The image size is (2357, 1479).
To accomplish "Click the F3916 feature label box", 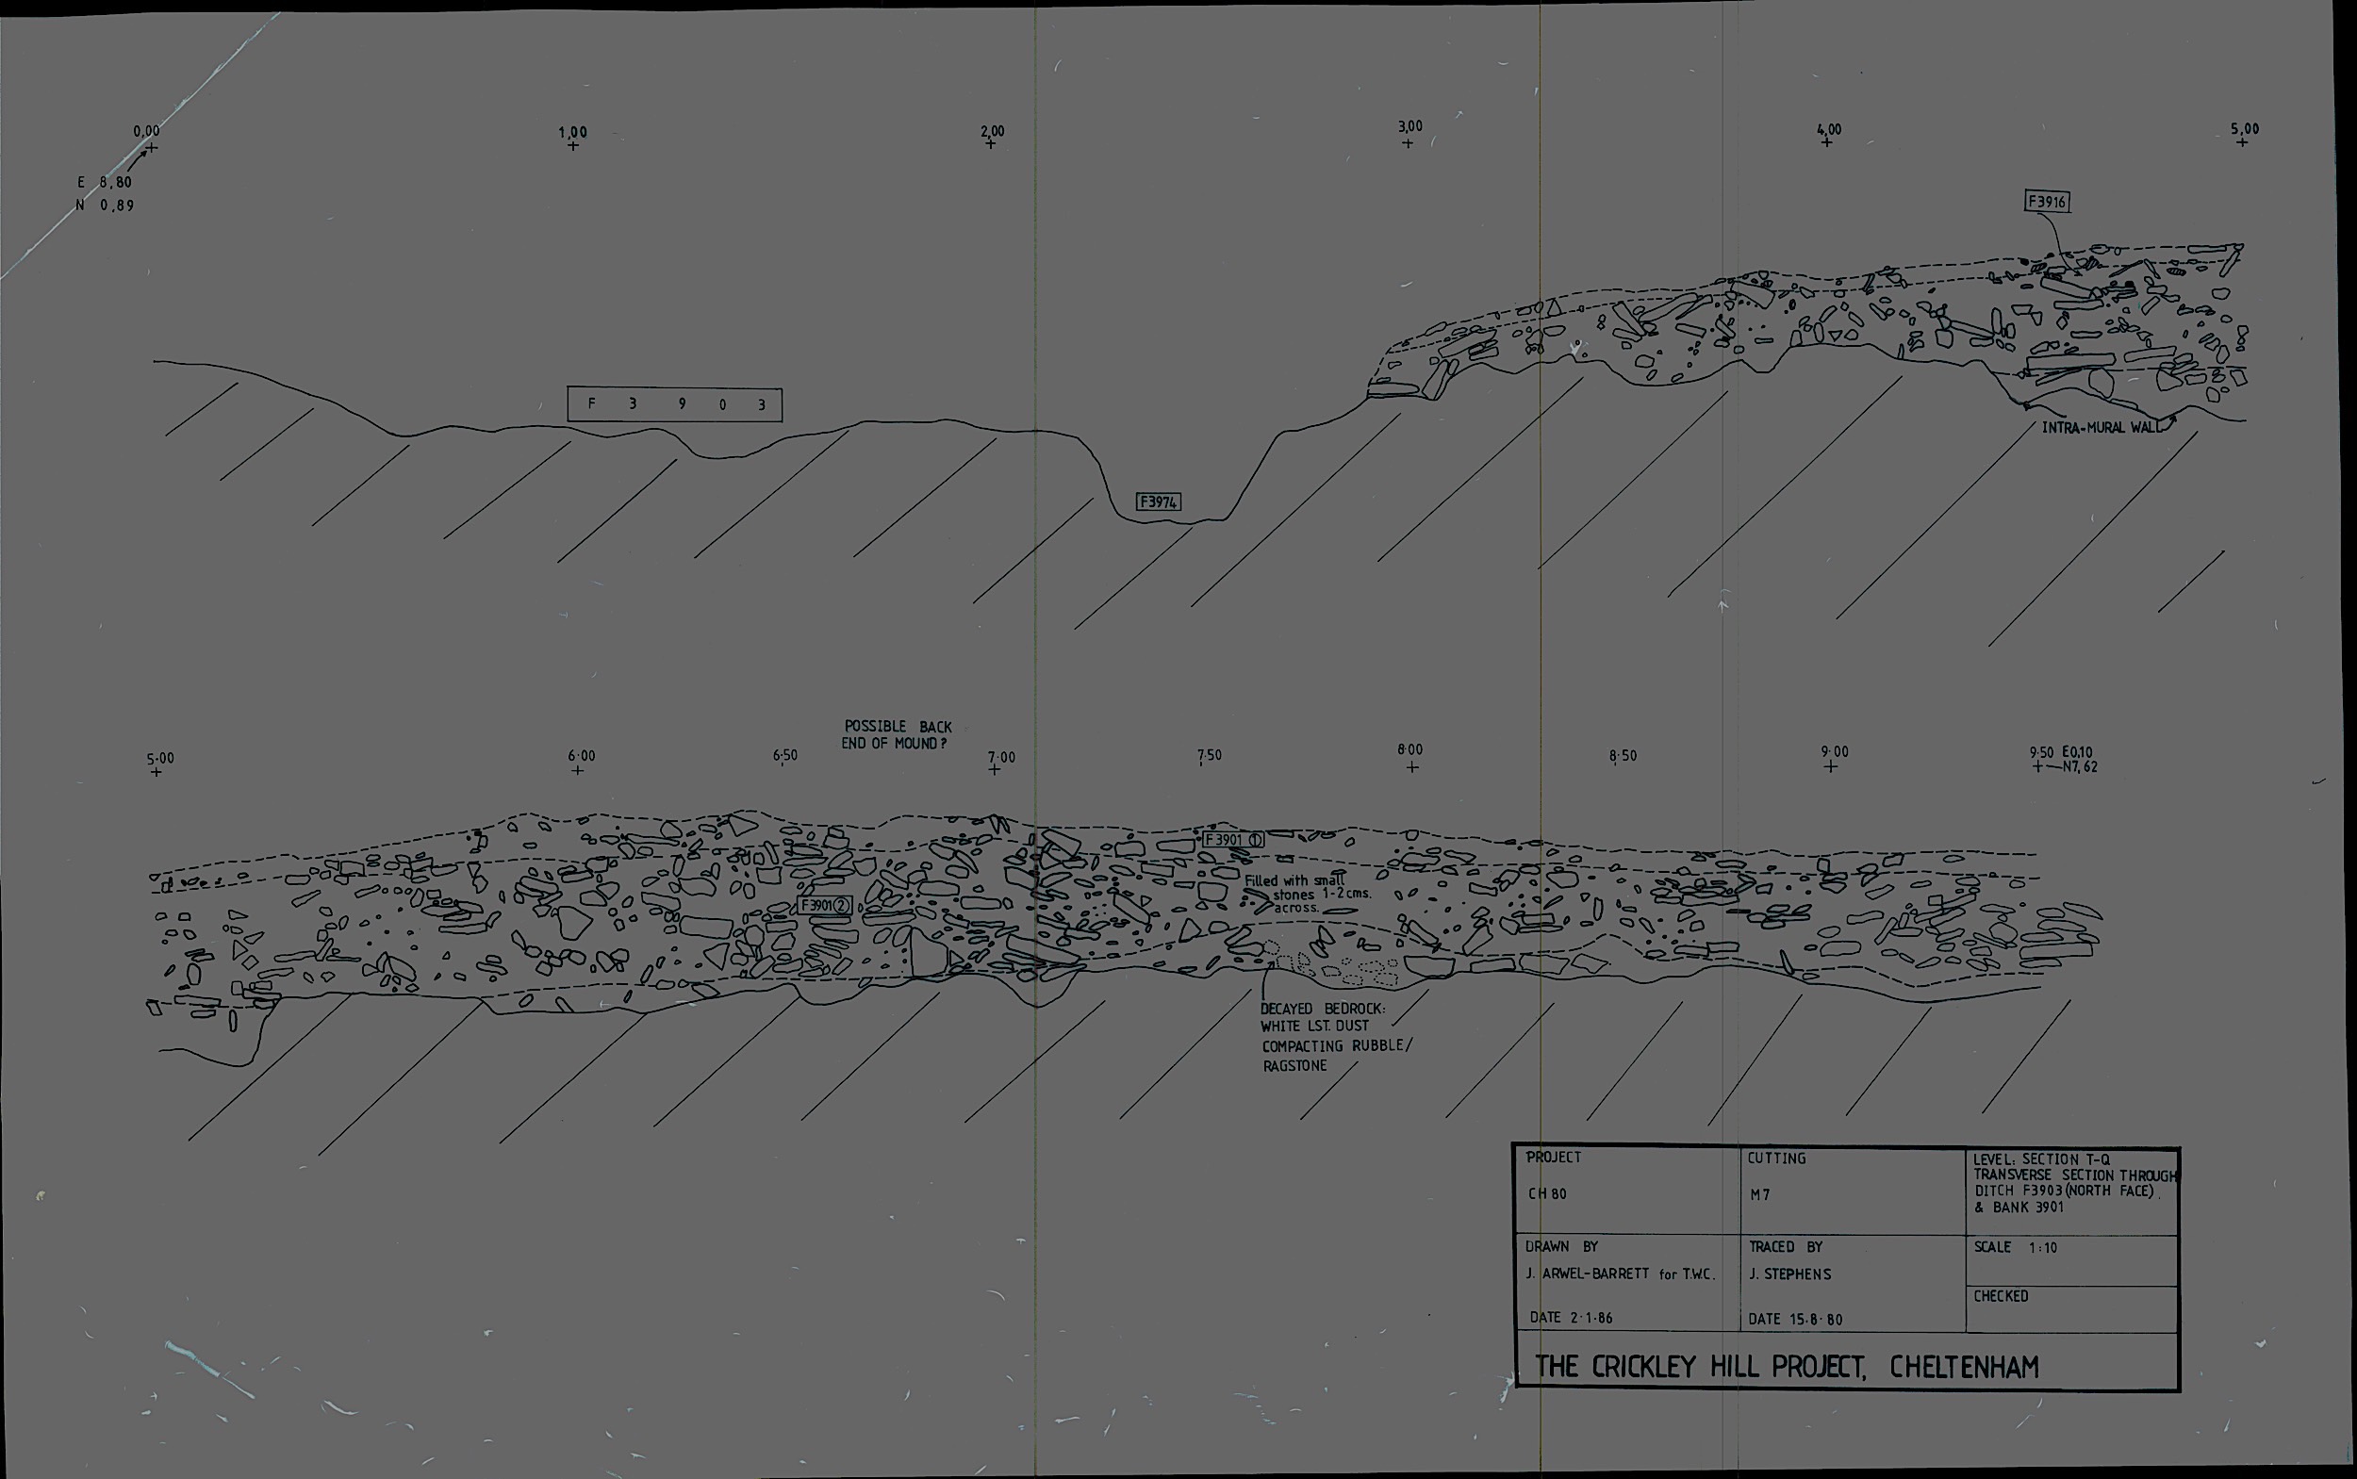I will point(2047,203).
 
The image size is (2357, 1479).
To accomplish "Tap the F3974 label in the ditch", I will point(1159,501).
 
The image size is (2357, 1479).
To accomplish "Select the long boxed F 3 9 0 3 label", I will point(674,404).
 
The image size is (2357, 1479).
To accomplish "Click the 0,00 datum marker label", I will point(147,131).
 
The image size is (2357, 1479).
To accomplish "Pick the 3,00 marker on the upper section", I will point(1409,127).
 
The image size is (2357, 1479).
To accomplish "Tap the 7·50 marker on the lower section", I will point(1210,755).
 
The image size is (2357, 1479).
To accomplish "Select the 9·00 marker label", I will point(1835,751).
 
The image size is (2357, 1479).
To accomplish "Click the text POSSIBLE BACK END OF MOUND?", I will point(898,734).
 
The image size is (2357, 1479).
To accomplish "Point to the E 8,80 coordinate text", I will point(105,182).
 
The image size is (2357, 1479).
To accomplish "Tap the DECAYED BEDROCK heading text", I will point(1323,1009).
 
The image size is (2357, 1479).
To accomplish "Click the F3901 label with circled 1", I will point(1233,839).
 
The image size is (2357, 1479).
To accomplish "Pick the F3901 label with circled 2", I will point(826,906).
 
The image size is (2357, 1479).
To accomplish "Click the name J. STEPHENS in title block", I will point(1789,1274).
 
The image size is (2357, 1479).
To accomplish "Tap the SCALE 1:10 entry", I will point(2015,1247).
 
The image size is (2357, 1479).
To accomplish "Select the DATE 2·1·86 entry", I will point(1571,1318).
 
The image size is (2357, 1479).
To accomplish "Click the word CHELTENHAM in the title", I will point(1964,1367).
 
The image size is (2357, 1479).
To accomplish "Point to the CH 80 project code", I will point(1547,1193).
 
